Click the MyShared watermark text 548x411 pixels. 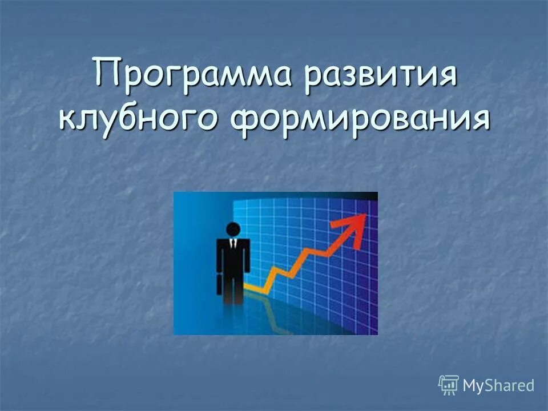point(498,385)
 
